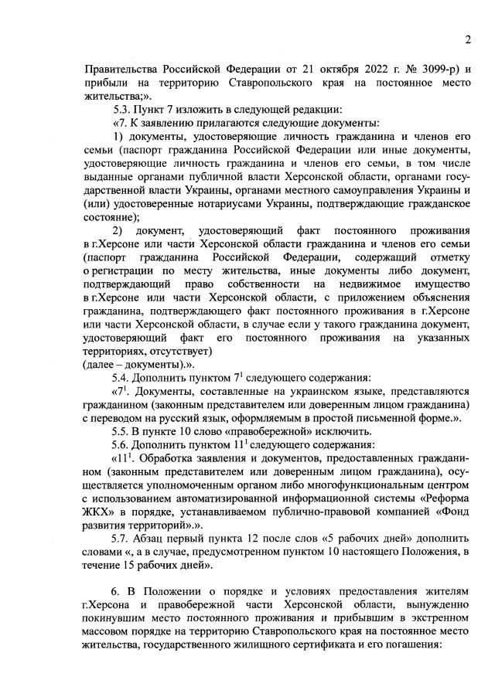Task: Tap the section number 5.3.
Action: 123,109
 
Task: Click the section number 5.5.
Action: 123,430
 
